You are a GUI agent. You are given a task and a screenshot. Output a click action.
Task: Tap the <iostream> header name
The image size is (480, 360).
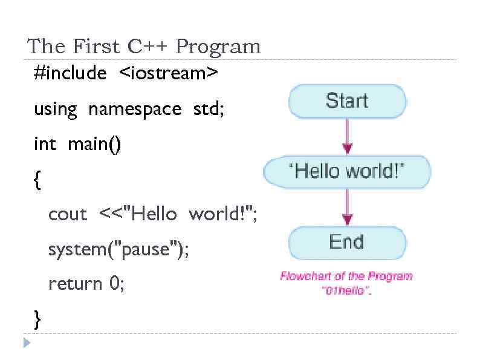[169, 73]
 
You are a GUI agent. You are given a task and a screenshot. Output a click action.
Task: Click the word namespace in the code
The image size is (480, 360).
[134, 110]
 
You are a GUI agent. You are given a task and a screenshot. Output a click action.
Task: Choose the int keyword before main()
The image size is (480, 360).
[45, 145]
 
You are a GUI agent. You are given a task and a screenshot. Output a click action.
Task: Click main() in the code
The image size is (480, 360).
[94, 145]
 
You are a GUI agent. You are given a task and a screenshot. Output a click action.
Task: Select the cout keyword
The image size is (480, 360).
[68, 214]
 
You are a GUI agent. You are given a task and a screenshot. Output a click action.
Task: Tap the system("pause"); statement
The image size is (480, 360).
[118, 249]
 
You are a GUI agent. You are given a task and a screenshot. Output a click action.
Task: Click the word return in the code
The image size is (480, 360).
[75, 284]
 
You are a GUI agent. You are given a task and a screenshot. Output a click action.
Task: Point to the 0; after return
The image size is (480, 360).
[117, 283]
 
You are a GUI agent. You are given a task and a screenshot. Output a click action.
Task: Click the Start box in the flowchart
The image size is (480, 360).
[347, 100]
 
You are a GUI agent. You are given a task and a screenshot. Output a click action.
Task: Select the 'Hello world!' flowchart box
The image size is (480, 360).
[347, 171]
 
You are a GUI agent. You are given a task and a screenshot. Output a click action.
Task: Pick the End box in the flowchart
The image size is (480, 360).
[347, 242]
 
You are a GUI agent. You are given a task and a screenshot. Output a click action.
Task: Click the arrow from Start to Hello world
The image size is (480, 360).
[347, 136]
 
